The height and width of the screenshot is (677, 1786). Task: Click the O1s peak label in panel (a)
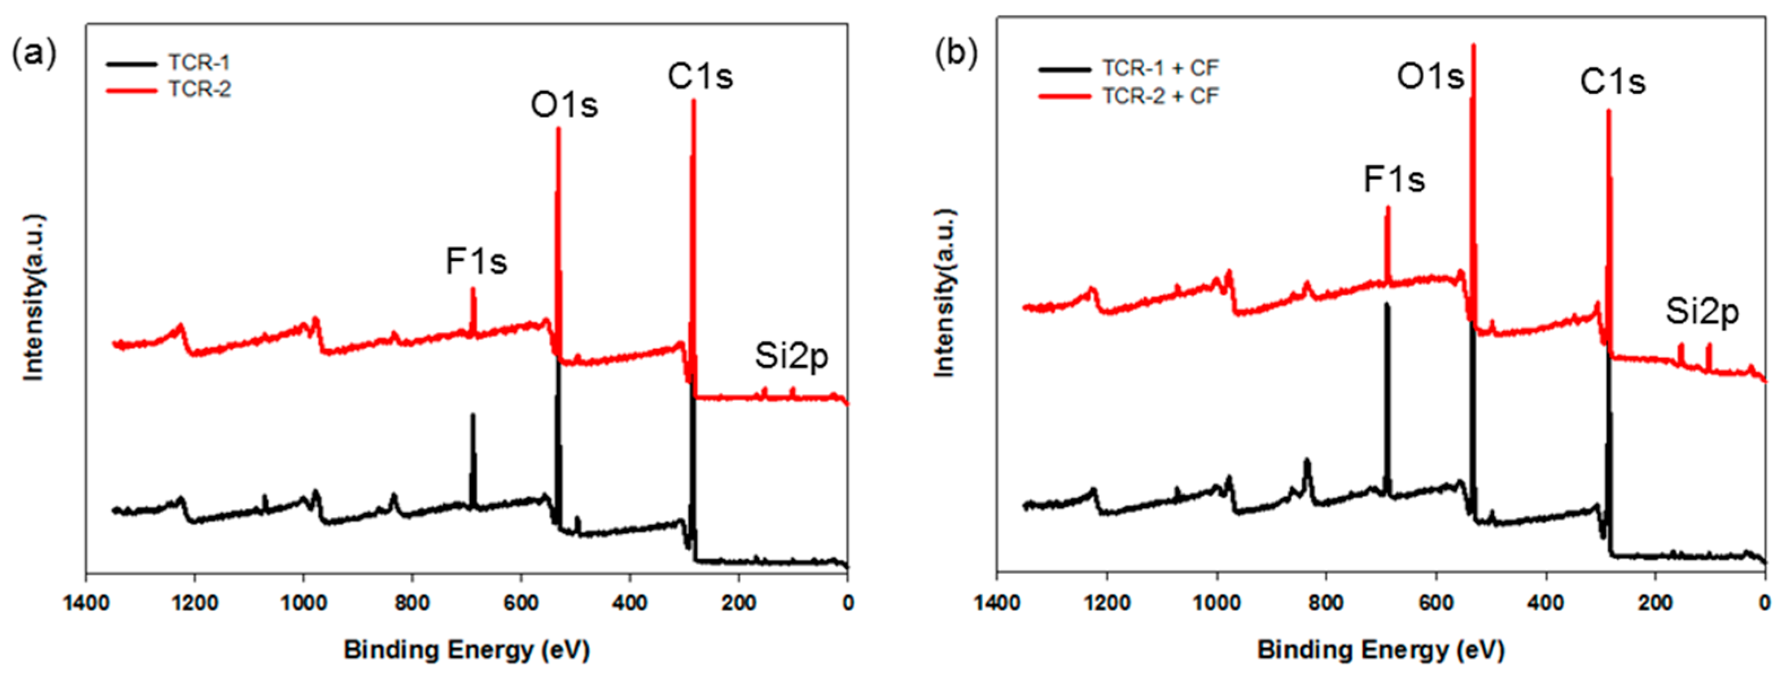pos(564,105)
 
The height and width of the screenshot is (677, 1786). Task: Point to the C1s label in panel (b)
pos(1612,82)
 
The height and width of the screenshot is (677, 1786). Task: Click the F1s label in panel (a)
pos(476,262)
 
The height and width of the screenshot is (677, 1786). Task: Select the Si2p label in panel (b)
pos(1702,312)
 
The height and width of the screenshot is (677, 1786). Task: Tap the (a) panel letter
pos(33,54)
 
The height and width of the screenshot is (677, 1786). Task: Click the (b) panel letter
pos(956,54)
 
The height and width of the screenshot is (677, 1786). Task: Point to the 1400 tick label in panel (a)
pos(86,603)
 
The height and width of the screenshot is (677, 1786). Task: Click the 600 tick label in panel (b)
pos(1436,603)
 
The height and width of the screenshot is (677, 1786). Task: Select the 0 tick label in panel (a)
pos(847,603)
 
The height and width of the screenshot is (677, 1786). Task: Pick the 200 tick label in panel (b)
pos(1655,603)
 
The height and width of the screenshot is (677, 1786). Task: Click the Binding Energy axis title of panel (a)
pos(467,650)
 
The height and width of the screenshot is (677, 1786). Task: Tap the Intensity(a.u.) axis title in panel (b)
pos(944,292)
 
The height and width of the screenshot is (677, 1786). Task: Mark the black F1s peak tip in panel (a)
pos(473,415)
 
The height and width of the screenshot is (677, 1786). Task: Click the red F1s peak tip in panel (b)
pos(1387,207)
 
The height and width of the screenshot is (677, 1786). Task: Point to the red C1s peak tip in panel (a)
pos(693,101)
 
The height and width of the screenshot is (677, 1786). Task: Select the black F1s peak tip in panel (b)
pos(1387,304)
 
